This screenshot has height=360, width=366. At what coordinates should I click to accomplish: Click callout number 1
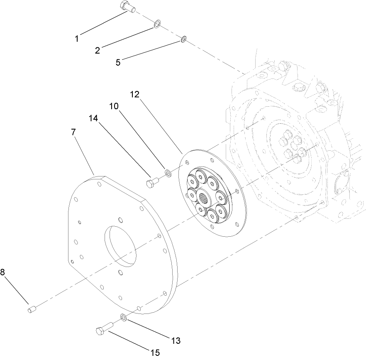pyautogui.click(x=77, y=39)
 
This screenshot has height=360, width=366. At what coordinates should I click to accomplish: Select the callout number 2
pyautogui.click(x=97, y=51)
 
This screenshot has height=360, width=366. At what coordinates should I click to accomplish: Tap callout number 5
pyautogui.click(x=118, y=62)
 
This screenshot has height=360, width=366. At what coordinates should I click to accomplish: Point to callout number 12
pyautogui.click(x=134, y=94)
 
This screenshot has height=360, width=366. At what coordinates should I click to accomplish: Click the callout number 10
pyautogui.click(x=114, y=106)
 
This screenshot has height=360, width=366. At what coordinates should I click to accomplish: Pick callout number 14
pyautogui.click(x=93, y=118)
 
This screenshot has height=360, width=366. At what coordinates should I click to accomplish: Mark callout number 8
pyautogui.click(x=3, y=272)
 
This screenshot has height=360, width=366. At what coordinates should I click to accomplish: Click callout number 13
pyautogui.click(x=175, y=340)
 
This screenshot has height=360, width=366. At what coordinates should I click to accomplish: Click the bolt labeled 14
pyautogui.click(x=152, y=182)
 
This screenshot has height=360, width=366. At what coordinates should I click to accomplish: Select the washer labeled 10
pyautogui.click(x=168, y=172)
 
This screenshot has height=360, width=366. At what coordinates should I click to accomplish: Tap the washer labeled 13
pyautogui.click(x=124, y=318)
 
